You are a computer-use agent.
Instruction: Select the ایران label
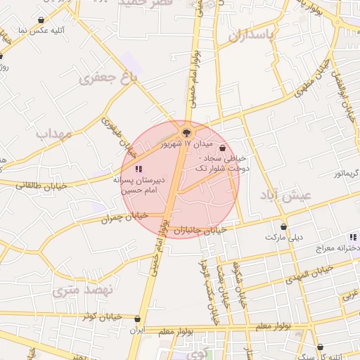(x=140, y=329)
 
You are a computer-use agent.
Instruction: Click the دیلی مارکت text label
(x=283, y=237)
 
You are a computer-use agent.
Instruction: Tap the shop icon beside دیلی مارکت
(x=283, y=226)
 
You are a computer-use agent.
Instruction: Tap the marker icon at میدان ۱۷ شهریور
(x=186, y=131)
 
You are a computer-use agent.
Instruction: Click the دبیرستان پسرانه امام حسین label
(x=139, y=185)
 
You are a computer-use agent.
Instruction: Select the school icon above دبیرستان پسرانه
(x=138, y=169)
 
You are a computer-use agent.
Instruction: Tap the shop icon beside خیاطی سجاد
(x=223, y=148)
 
